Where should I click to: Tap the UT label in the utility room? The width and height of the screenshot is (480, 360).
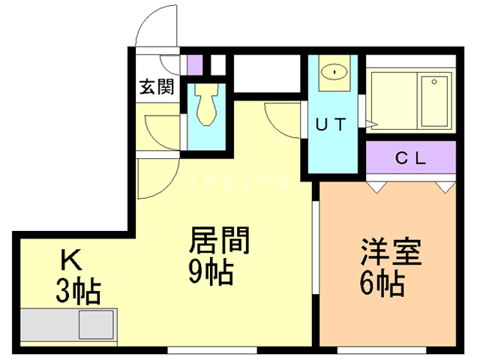[x=330, y=125]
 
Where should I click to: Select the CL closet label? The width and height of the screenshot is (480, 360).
[x=410, y=158]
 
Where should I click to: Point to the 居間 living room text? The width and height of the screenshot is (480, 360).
[x=217, y=241]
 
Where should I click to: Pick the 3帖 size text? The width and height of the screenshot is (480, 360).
[x=78, y=291]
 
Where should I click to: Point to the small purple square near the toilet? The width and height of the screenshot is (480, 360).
[x=194, y=64]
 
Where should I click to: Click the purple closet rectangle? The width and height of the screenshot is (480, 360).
[x=410, y=158]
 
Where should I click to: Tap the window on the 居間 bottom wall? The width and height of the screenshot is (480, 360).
[x=212, y=349]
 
